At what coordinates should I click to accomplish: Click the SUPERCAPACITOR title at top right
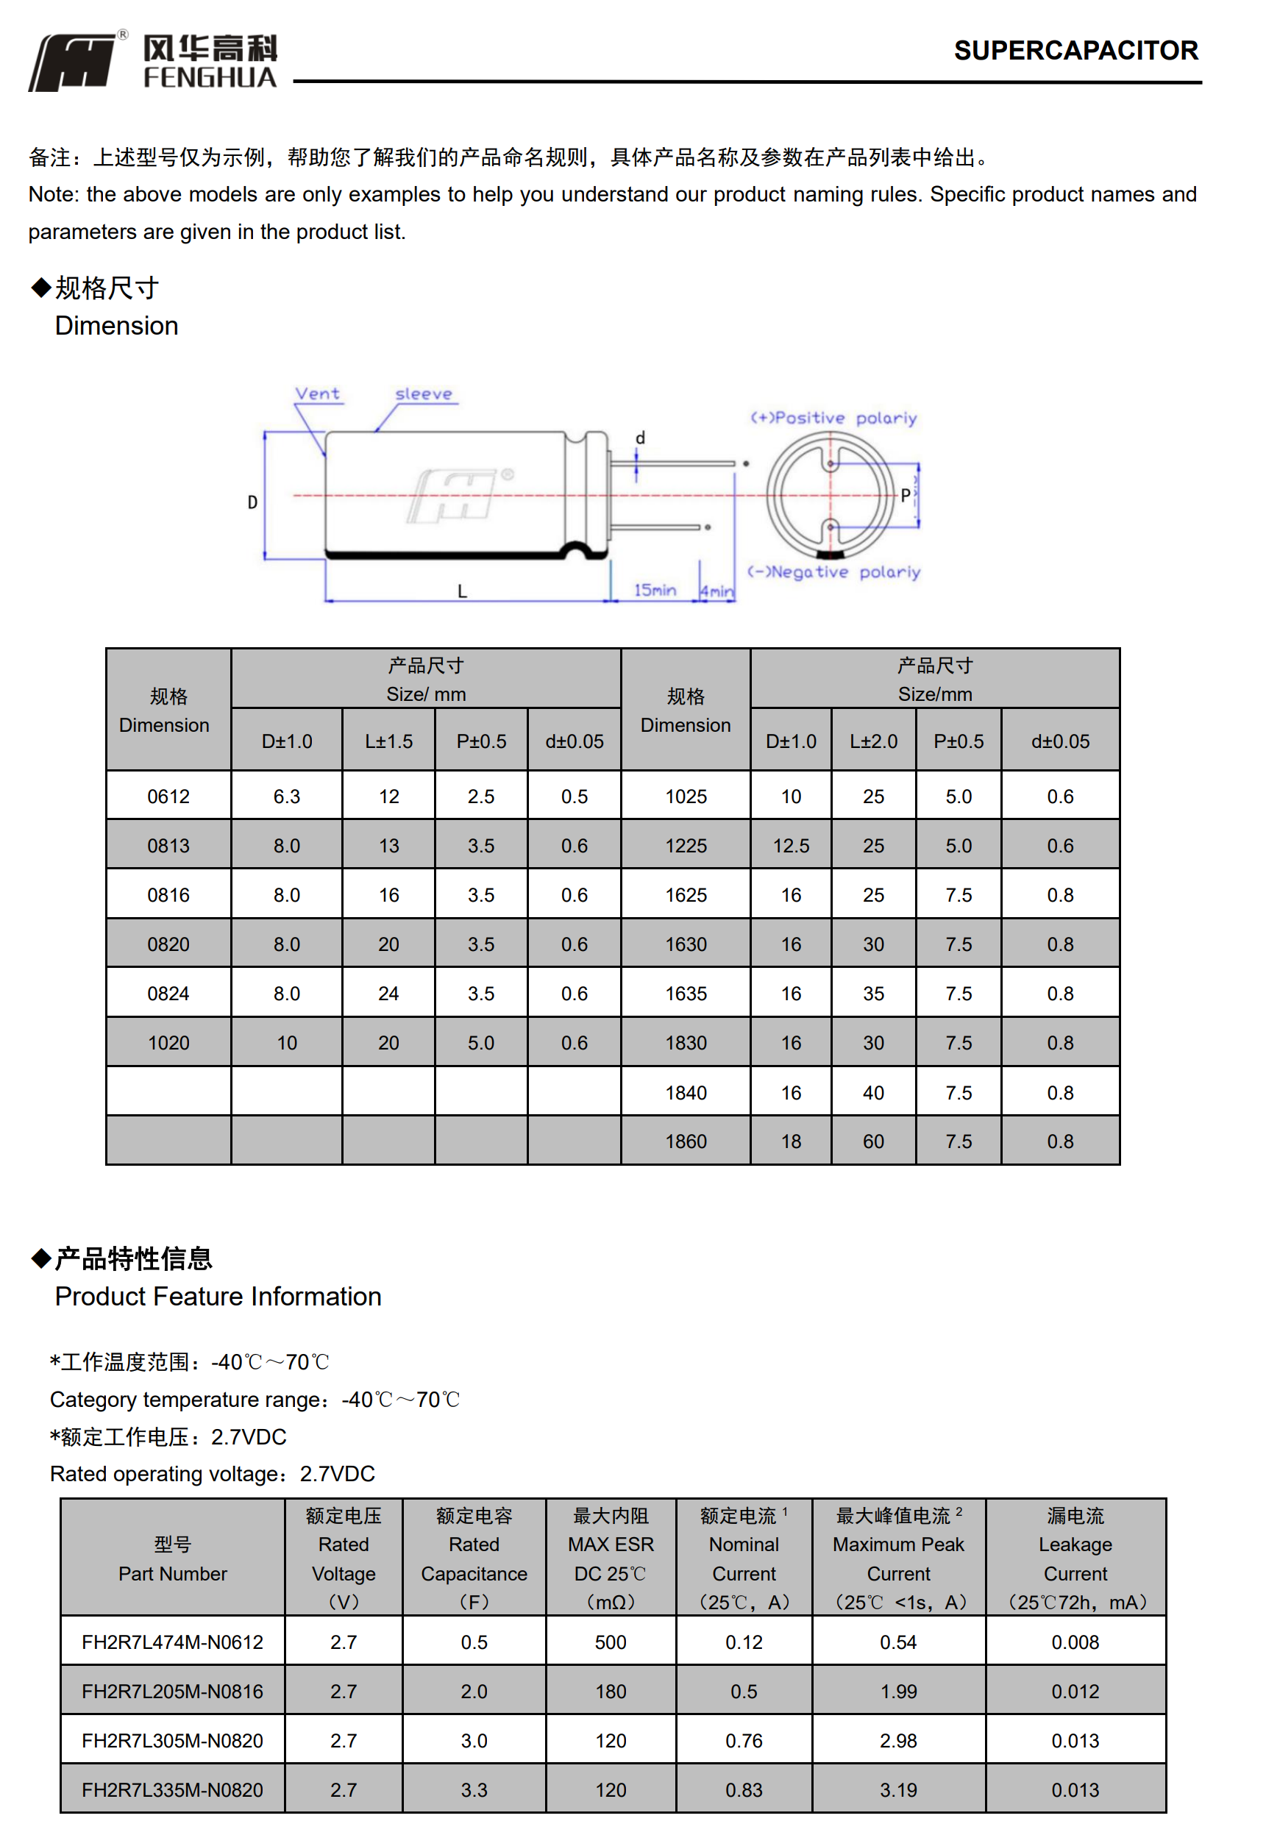click(x=1075, y=51)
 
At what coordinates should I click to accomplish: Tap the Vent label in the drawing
click(x=317, y=394)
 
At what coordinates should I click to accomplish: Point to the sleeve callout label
click(x=424, y=394)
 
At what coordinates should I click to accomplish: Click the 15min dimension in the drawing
click(x=655, y=590)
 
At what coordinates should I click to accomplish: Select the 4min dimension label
click(x=716, y=591)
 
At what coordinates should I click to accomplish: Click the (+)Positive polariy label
click(x=833, y=418)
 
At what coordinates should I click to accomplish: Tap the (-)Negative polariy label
click(x=833, y=571)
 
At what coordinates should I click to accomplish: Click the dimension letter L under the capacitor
click(x=462, y=591)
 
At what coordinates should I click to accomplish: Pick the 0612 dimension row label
click(x=168, y=797)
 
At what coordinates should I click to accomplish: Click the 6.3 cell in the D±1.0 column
click(x=286, y=797)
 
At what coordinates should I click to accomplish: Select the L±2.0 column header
click(x=872, y=741)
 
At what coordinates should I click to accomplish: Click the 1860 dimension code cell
click(x=686, y=1141)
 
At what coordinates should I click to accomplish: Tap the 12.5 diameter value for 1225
click(x=791, y=846)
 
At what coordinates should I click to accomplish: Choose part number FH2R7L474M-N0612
click(x=172, y=1642)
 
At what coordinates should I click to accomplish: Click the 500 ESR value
click(x=610, y=1642)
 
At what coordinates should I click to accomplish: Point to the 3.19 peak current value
click(x=898, y=1790)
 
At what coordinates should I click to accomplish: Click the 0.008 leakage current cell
click(x=1075, y=1642)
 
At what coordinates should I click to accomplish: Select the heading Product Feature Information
click(x=218, y=1297)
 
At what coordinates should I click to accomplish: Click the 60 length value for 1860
click(x=872, y=1141)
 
